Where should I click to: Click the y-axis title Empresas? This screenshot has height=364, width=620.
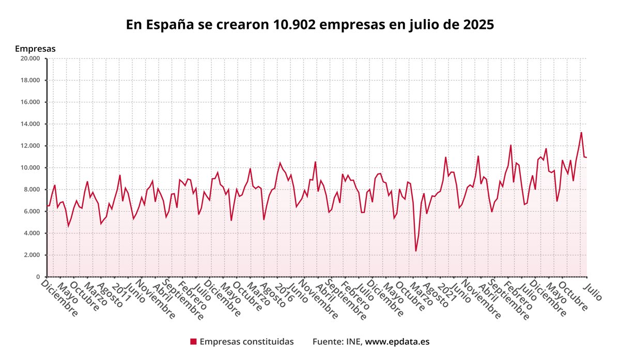coord(35,49)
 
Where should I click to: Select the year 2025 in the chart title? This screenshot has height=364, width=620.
coord(478,25)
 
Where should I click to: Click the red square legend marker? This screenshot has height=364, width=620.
coord(193,342)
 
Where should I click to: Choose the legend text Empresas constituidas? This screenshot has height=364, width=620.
coord(246,342)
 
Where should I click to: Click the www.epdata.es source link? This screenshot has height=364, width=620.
coord(397,342)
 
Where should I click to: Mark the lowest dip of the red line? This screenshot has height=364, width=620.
coord(415,251)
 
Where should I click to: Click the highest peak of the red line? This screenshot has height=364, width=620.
coord(581,133)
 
